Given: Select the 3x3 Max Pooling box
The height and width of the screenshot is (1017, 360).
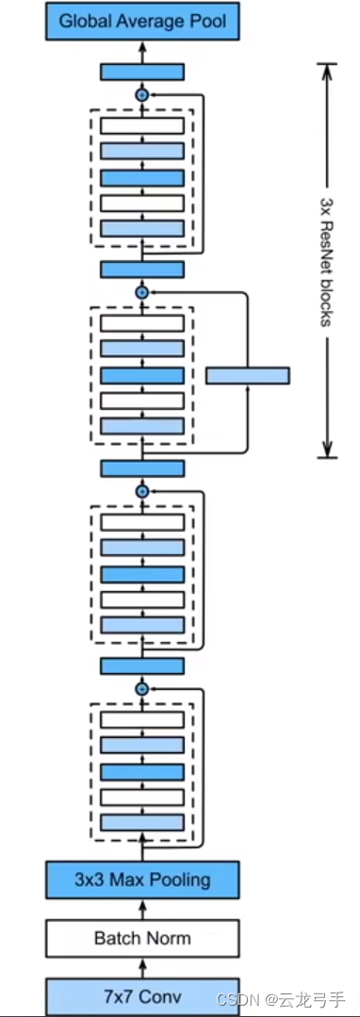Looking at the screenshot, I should tap(141, 880).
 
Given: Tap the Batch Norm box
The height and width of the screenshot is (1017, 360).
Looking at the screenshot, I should tap(141, 938).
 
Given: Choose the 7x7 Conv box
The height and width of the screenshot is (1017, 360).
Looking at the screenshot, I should tap(141, 995).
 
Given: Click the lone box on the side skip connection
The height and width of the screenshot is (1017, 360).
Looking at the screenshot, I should tap(247, 375).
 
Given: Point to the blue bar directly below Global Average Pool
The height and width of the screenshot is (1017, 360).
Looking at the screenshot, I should tap(141, 72).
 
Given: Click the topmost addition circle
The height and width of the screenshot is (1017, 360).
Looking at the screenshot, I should tap(142, 95).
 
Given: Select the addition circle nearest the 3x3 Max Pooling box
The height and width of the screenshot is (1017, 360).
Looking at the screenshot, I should tap(142, 689).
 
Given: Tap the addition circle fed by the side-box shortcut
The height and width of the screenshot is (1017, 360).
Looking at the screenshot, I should tap(142, 293).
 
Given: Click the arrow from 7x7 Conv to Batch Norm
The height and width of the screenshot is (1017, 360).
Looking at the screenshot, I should tap(141, 967).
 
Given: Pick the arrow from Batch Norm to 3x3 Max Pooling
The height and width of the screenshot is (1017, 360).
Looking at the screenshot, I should tap(141, 910).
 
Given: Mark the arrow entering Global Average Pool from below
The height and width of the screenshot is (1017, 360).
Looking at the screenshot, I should tap(141, 50).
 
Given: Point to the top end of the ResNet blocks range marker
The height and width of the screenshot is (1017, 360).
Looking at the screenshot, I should tap(326, 65).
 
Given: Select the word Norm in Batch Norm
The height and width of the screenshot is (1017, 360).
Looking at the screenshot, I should tap(169, 938).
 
